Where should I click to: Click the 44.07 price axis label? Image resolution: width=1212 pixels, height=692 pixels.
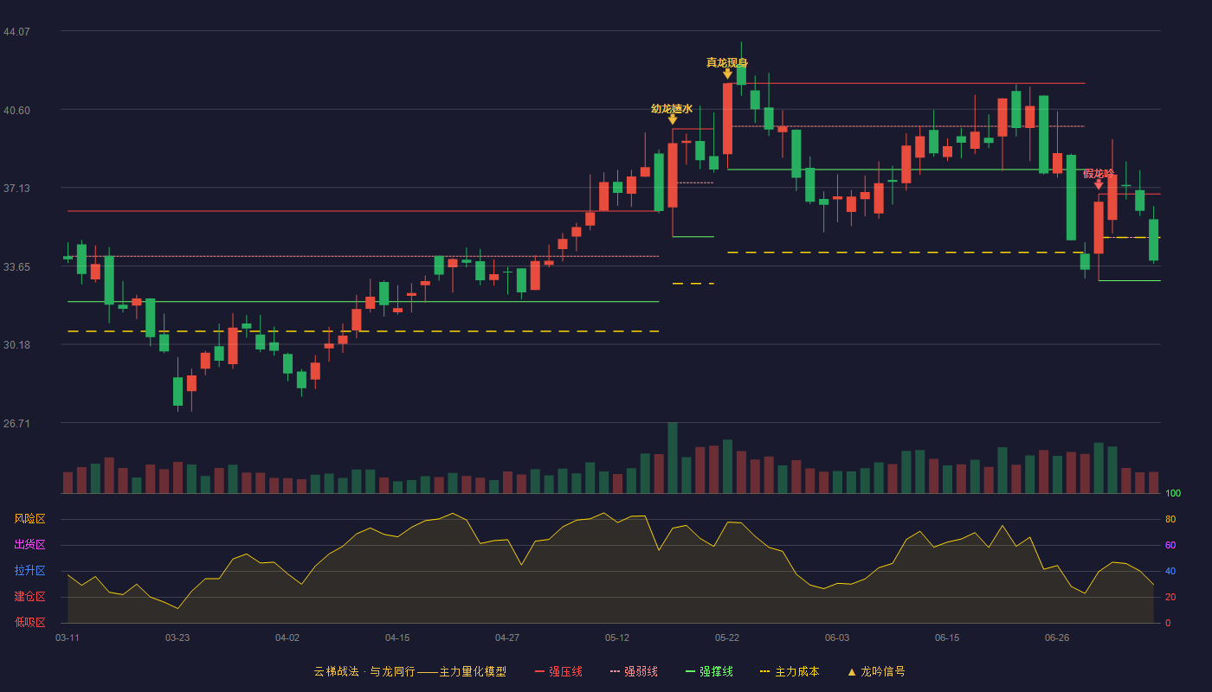16,32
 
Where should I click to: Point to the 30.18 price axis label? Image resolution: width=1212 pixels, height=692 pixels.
16,345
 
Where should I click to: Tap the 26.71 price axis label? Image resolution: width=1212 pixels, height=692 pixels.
16,423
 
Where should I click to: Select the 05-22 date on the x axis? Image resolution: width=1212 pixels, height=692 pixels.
726,638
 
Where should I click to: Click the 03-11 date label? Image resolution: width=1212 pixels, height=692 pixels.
68,638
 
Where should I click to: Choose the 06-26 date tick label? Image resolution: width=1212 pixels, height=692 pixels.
1057,638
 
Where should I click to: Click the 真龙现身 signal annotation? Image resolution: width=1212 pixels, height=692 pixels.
726,62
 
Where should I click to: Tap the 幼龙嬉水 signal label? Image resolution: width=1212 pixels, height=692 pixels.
672,109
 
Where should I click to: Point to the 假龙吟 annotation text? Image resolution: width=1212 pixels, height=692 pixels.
1099,174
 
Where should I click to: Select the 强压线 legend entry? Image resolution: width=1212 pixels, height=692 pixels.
558,671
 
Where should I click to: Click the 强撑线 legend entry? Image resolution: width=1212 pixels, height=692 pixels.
709,671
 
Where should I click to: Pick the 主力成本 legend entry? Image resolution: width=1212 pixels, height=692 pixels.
790,671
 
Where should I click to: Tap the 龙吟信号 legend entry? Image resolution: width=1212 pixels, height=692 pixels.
876,671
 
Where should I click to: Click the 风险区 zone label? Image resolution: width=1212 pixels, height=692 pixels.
29,519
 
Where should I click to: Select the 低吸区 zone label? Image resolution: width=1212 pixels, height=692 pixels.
29,623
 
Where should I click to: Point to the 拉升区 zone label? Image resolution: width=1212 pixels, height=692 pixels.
29,571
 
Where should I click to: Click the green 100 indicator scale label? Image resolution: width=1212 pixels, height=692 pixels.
1173,493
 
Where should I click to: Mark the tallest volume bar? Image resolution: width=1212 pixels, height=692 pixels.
673,458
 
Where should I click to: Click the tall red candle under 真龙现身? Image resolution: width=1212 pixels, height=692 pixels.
728,119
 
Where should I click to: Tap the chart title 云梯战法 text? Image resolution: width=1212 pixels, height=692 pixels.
336,671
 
